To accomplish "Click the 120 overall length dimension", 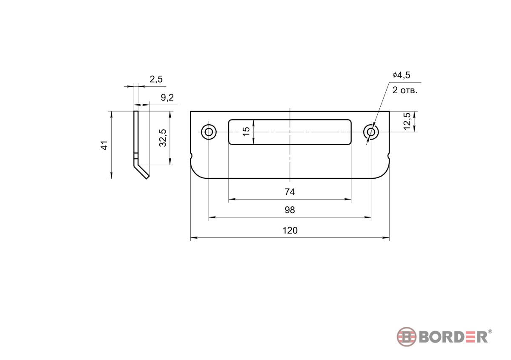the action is tap(290, 231).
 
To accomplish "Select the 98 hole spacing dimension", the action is tap(290, 210).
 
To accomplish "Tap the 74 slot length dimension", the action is tap(290, 192).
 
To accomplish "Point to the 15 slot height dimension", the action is tap(246, 132).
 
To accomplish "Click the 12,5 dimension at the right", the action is tap(407, 121).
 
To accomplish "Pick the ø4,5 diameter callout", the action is tap(402, 75).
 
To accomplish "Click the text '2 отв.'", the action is tap(405, 91).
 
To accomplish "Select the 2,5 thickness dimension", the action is tap(156, 79).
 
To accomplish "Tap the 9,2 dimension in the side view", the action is tap(167, 97).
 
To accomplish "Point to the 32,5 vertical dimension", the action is tap(163, 138).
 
